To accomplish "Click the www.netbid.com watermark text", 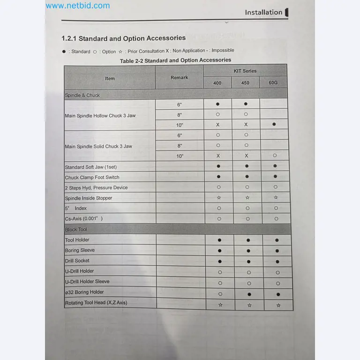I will click(78, 6).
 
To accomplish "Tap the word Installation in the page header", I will click(263, 13).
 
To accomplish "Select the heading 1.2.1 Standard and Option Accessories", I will click(123, 38).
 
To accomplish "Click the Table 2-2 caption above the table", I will click(175, 60).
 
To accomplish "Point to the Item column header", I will click(110, 78).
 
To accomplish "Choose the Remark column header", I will click(179, 77).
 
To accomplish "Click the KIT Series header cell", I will click(245, 71).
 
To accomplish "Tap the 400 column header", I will click(217, 83).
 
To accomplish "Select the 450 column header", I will click(245, 83).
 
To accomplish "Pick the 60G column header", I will click(273, 83).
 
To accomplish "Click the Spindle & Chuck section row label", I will click(82, 95).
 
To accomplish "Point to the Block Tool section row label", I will click(76, 230).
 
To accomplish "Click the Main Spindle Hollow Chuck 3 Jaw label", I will click(100, 115).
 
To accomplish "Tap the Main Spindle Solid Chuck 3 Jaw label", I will click(98, 146).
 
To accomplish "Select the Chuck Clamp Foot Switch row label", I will click(92, 177).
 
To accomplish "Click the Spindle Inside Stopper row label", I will click(89, 198).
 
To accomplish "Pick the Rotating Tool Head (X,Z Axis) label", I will click(96, 303).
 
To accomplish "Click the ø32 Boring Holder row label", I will click(84, 292).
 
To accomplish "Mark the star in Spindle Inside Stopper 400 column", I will click(219, 198).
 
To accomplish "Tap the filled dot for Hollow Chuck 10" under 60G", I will click(274, 125).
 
